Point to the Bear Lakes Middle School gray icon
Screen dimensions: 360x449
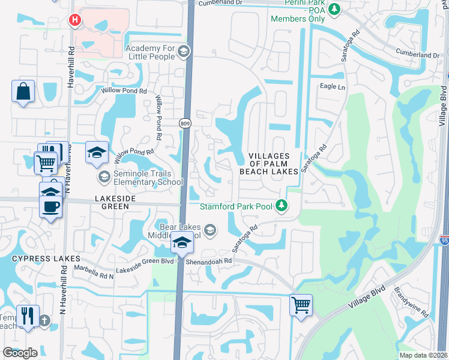point(210,230)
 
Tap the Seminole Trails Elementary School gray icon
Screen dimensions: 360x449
point(104,176)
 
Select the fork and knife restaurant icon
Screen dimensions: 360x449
point(28,316)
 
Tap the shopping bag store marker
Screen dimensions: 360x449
point(23,92)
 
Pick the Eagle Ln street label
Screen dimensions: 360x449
point(333,87)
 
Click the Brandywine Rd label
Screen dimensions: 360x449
point(411,304)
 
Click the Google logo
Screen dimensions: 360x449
point(20,353)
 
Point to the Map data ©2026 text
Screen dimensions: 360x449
point(424,355)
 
